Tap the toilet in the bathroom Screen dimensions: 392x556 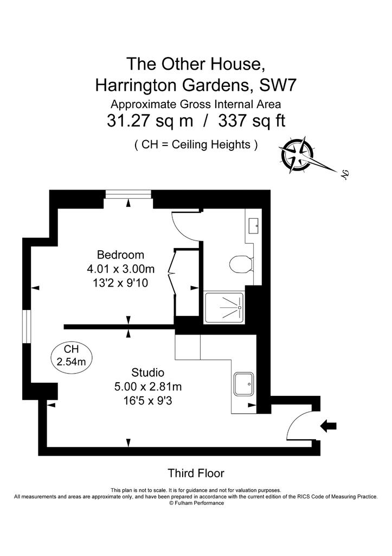point(241,264)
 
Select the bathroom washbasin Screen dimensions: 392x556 point(253,225)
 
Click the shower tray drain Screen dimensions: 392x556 point(240,307)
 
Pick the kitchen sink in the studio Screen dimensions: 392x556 point(243,384)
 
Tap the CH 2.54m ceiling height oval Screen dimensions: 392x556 point(71,356)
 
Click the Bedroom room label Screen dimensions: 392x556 point(120,255)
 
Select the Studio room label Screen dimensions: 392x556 point(147,372)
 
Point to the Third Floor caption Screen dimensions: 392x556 point(196,473)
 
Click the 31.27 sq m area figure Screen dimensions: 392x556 point(150,121)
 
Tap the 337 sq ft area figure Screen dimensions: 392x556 point(252,121)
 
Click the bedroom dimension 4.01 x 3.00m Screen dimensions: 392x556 point(121,269)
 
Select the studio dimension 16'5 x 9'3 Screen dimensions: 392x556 point(147,401)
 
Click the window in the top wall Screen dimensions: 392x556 point(128,194)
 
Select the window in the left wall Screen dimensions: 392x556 point(27,326)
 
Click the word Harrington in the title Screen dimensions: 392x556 point(141,85)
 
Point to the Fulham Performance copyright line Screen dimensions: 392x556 point(196,503)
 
